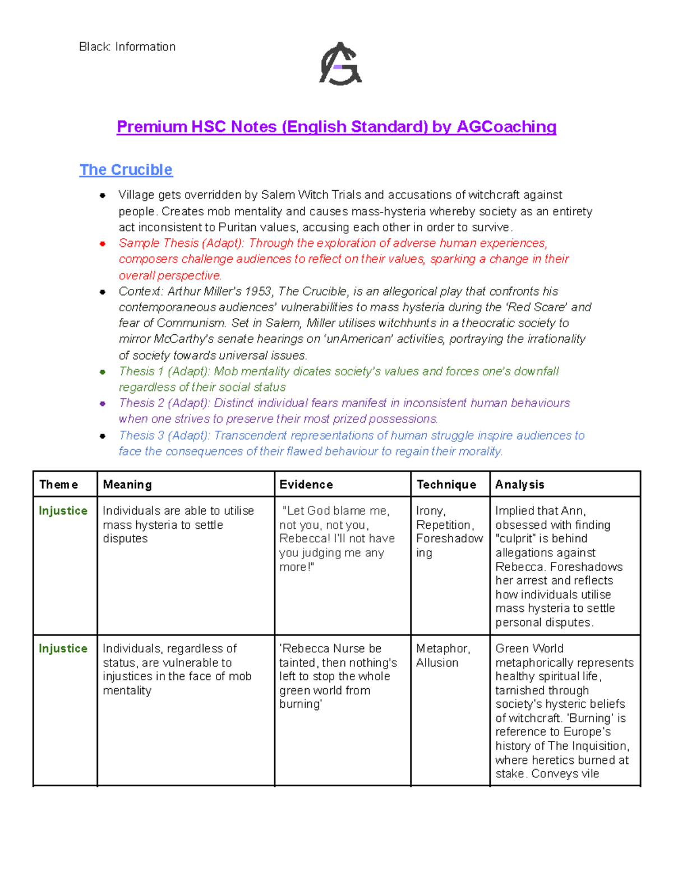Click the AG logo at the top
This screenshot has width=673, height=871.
340,64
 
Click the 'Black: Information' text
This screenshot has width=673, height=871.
127,47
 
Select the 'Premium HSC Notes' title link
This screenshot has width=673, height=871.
336,127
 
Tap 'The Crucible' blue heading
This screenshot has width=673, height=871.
126,169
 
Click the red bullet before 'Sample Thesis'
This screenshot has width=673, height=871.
103,243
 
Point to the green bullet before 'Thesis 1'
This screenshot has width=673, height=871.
103,372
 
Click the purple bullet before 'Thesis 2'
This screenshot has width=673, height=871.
103,403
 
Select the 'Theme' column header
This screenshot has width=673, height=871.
58,485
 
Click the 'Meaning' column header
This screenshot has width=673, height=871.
127,485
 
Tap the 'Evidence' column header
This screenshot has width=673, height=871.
306,485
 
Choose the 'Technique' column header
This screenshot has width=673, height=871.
446,485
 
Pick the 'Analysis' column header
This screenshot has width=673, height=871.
519,485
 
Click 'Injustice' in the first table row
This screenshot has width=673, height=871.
63,511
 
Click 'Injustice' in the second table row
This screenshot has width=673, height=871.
63,649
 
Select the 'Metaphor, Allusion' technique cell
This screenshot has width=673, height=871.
443,656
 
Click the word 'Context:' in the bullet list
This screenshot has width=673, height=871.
141,292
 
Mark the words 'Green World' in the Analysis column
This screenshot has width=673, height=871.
529,649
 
